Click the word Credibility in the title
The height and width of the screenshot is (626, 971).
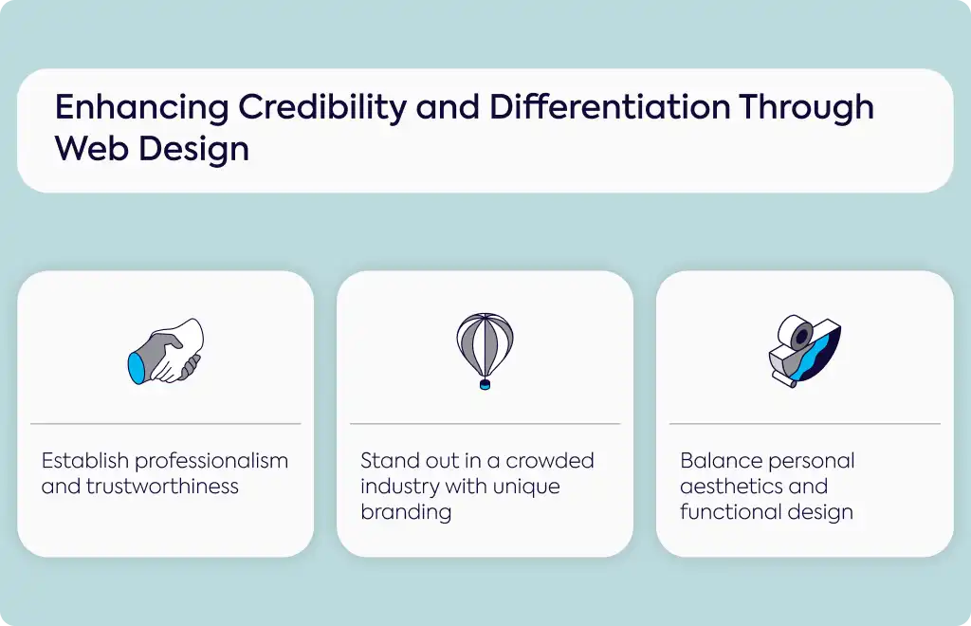(x=322, y=108)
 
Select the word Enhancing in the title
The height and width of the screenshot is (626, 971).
(x=142, y=109)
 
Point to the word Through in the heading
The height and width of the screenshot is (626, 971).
(x=806, y=109)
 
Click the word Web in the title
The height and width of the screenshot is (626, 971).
(x=90, y=149)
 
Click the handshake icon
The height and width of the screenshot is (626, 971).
(x=165, y=351)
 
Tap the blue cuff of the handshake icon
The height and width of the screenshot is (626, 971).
(x=137, y=369)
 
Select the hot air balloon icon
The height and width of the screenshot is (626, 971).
(x=485, y=351)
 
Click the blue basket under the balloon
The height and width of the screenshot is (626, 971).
(x=485, y=384)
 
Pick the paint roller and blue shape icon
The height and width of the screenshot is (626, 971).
(x=805, y=351)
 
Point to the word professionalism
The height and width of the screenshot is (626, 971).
(x=211, y=462)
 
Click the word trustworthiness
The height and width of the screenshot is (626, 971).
(x=162, y=487)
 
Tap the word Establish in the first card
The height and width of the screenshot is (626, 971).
(x=84, y=461)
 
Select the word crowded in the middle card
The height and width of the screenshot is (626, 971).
(x=550, y=461)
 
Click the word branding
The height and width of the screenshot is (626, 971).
(x=406, y=512)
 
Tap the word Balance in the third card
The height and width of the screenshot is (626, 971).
(x=721, y=461)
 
